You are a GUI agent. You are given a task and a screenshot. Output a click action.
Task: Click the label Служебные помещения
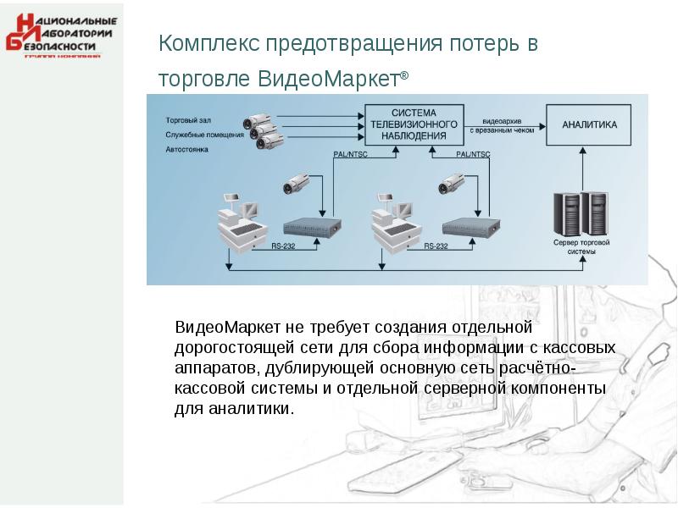click(x=204, y=134)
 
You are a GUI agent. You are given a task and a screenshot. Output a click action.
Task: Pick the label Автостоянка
click(x=186, y=149)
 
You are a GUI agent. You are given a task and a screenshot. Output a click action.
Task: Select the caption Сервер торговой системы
click(x=581, y=247)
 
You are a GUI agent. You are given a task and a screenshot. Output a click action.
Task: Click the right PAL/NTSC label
click(x=473, y=155)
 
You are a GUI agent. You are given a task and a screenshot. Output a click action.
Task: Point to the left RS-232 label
click(x=283, y=246)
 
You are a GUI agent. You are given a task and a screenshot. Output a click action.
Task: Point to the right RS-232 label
click(x=436, y=246)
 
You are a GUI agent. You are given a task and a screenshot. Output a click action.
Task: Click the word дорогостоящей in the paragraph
click(x=224, y=347)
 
